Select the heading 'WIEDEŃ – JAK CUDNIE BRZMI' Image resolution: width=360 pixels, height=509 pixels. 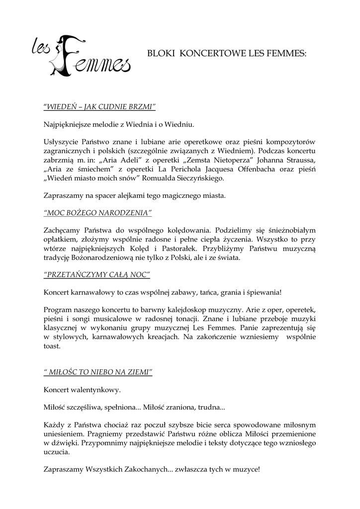coord(100,106)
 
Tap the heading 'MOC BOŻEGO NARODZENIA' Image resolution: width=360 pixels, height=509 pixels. coord(98,213)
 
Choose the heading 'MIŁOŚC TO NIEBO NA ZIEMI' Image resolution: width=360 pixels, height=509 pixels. coord(98,371)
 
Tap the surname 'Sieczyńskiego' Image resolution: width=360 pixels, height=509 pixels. coord(195,178)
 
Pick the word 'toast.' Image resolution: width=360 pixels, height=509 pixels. coord(52,347)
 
